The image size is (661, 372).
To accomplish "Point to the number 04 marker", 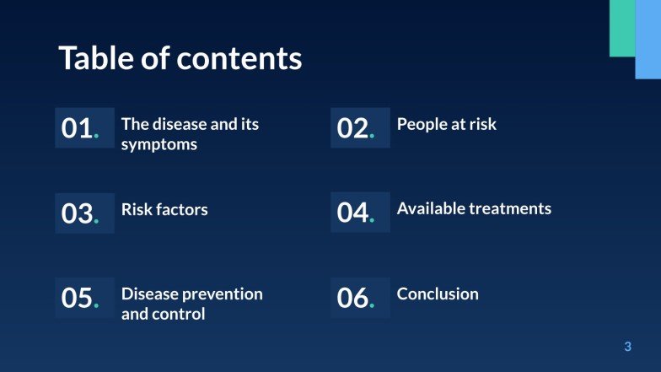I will [x=353, y=213].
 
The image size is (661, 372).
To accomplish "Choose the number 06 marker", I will [x=353, y=298].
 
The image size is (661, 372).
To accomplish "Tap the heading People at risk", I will [x=447, y=124].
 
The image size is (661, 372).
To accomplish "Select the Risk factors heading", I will [x=164, y=209].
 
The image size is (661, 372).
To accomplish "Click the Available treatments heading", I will [x=474, y=208].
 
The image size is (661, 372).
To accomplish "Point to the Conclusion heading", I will [x=438, y=294].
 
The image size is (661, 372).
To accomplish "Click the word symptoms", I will [x=159, y=144].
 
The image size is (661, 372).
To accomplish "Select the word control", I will [x=180, y=315].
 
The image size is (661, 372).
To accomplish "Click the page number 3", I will [x=627, y=347].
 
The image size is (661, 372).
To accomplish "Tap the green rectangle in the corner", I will [x=621, y=28].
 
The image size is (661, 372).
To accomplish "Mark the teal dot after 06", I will [x=372, y=305].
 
